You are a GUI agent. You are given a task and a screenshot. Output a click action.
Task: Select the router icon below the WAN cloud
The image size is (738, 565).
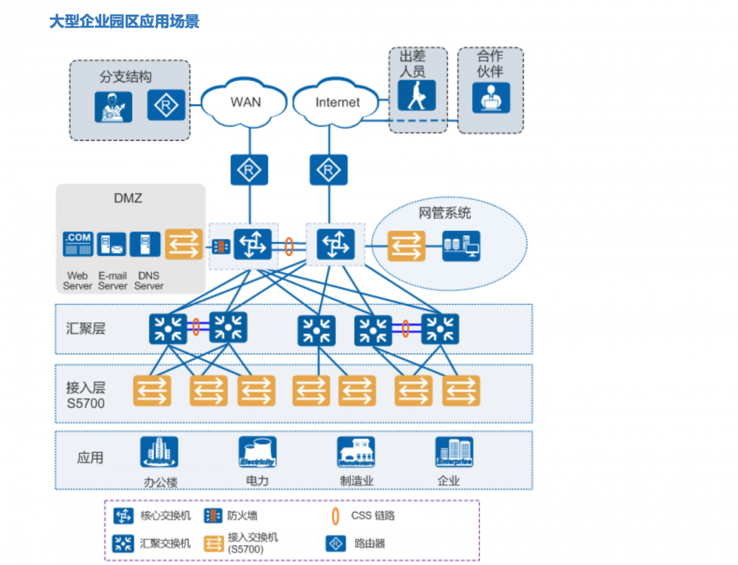249,170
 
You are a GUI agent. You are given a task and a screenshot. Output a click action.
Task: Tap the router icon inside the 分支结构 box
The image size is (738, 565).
166,105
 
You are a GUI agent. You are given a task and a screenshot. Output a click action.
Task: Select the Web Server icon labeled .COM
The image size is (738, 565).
77,244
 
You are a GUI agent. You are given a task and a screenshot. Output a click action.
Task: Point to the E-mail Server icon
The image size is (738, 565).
111,244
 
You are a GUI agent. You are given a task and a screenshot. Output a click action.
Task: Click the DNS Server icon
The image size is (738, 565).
145,244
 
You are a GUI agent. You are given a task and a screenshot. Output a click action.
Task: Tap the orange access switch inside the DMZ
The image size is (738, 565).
183,244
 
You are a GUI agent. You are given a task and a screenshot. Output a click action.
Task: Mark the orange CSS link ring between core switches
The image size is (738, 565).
289,245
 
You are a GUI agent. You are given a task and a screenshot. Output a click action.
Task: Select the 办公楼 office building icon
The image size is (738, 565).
159,452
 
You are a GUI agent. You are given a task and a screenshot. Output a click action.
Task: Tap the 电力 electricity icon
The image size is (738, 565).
257,452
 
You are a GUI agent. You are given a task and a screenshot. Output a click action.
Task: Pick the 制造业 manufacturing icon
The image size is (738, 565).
356,452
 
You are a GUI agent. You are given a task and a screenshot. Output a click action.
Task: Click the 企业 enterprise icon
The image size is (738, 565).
453,452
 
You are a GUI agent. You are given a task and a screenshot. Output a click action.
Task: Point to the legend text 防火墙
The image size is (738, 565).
242,516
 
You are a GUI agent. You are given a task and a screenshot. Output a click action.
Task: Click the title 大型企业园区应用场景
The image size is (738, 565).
124,21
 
